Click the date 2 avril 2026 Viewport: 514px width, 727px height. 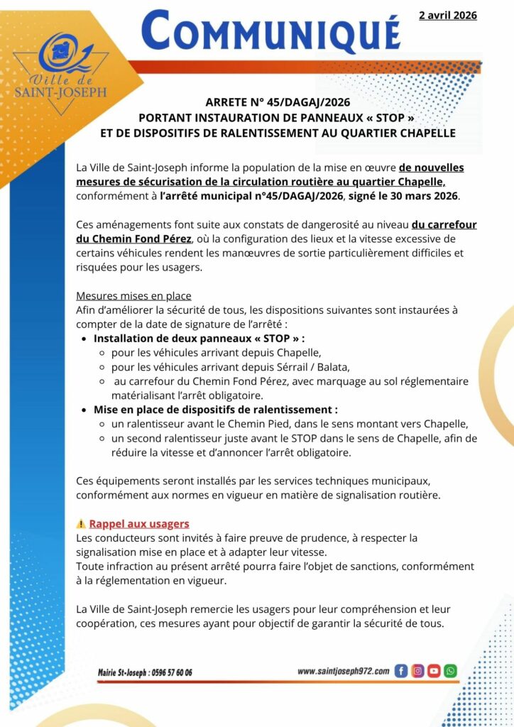[x=447, y=15]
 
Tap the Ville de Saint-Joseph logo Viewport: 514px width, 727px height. [x=62, y=67]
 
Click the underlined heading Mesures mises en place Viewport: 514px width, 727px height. [x=133, y=295]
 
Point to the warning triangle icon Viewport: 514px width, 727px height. [x=81, y=524]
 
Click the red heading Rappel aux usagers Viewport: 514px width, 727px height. [x=139, y=524]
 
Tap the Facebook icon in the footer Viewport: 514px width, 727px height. [x=401, y=671]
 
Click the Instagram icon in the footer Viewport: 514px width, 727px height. [x=417, y=671]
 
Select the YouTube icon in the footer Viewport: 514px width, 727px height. [x=434, y=671]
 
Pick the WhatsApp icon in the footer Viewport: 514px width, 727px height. [x=450, y=671]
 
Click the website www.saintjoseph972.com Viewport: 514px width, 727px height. [x=343, y=671]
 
